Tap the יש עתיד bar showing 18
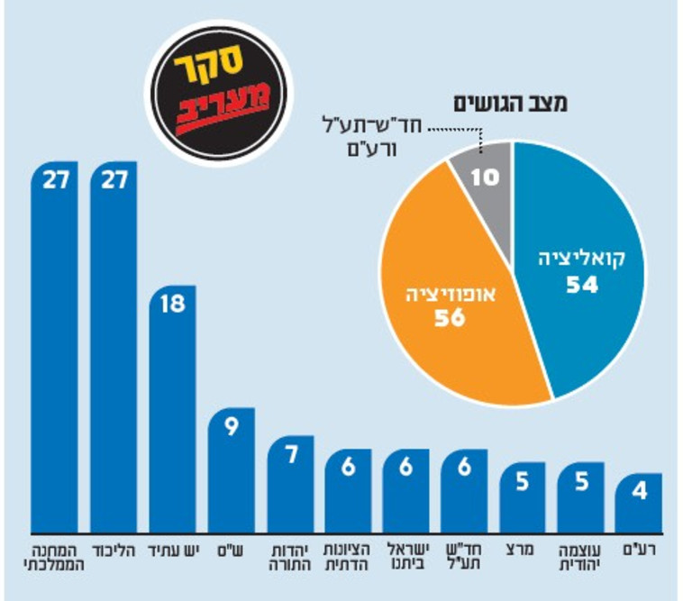(x=171, y=414)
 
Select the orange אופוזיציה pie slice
(x=442, y=306)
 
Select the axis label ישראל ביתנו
(x=405, y=557)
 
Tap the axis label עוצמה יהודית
(x=580, y=557)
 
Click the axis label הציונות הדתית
(x=347, y=557)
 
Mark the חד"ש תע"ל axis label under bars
(x=464, y=557)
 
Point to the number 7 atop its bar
(x=290, y=454)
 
